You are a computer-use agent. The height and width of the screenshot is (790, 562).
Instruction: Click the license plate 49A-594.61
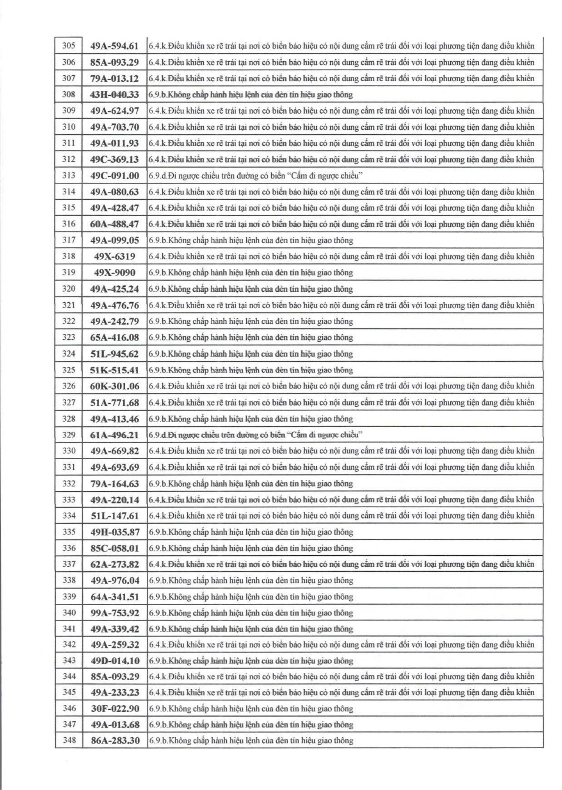point(114,46)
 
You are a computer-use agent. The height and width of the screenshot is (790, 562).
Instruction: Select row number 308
point(69,94)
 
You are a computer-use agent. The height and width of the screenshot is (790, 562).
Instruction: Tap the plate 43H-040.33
point(114,95)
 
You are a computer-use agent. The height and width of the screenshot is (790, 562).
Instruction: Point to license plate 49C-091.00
point(114,176)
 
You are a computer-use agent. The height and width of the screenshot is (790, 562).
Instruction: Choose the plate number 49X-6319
point(114,257)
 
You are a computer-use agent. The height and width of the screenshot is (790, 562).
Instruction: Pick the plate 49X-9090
point(114,273)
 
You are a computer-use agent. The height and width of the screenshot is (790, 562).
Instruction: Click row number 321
point(69,305)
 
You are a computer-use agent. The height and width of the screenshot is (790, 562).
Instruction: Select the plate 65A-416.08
point(114,337)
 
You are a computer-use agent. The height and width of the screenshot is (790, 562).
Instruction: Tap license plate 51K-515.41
point(114,370)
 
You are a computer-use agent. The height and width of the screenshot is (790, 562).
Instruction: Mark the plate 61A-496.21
point(114,435)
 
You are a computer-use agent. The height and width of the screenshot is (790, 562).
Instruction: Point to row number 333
point(69,499)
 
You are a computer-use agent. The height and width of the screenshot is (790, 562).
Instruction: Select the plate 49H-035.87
point(115,532)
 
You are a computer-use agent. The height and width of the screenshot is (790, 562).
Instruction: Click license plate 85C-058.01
point(114,548)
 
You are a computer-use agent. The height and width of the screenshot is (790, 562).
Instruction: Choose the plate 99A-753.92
point(114,613)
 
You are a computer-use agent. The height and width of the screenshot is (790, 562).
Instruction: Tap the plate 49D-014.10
point(115,661)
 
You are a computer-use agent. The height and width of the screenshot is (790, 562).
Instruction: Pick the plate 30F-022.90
point(115,709)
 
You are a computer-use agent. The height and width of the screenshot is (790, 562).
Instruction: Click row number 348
point(69,740)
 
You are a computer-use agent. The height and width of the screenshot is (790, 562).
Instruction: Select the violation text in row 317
point(251,240)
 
